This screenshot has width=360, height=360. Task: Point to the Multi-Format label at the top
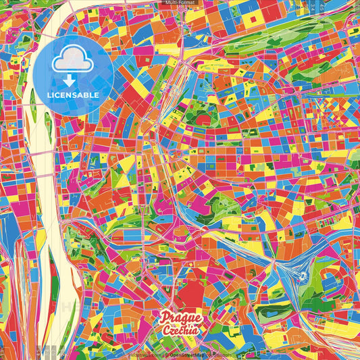pyautogui.click(x=179, y=3)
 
